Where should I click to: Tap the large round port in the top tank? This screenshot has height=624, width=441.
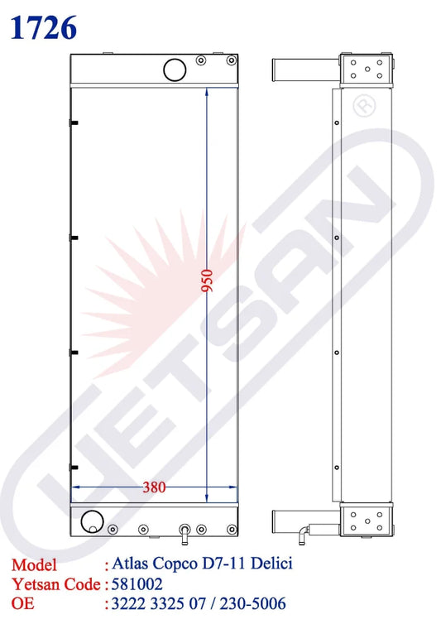point(175,70)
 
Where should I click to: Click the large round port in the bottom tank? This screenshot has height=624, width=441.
point(91,521)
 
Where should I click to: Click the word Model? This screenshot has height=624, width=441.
point(34,565)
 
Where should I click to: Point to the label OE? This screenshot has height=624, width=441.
point(22,604)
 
